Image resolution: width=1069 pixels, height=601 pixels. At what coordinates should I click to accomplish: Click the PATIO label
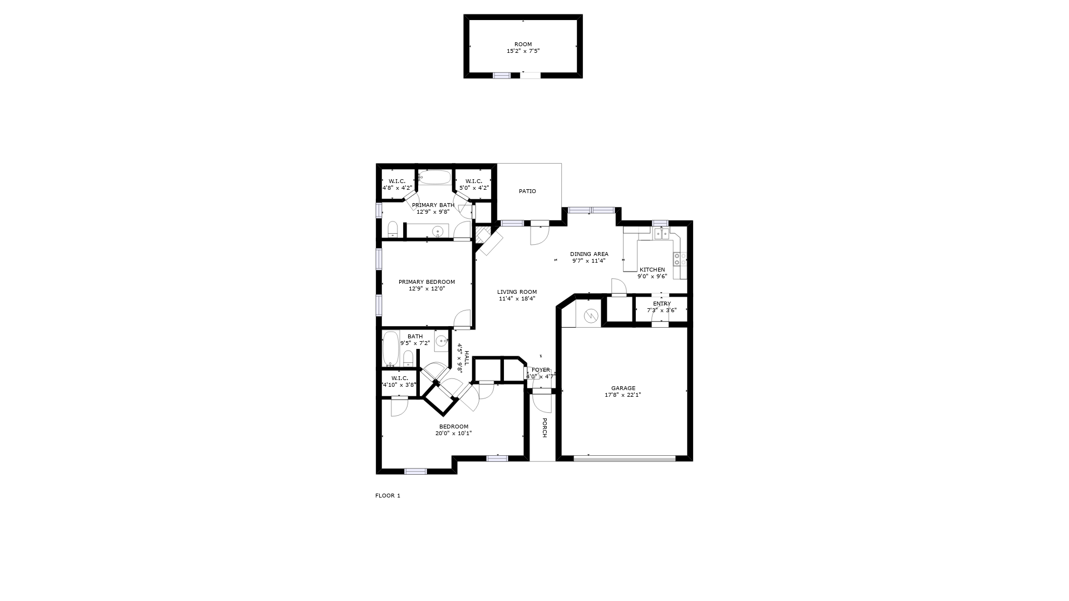pyautogui.click(x=527, y=191)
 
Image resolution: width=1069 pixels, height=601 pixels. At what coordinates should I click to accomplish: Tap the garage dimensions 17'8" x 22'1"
pyautogui.click(x=623, y=395)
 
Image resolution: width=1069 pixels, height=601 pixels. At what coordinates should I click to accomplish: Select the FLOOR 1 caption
pyautogui.click(x=388, y=496)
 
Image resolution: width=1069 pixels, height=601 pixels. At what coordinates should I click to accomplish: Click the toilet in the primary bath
pyautogui.click(x=393, y=229)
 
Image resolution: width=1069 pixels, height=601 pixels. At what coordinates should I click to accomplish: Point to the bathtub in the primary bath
pyautogui.click(x=434, y=177)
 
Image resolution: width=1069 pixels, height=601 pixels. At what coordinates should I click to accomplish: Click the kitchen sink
pyautogui.click(x=661, y=234)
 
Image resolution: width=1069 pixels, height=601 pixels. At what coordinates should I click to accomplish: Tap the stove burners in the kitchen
pyautogui.click(x=679, y=259)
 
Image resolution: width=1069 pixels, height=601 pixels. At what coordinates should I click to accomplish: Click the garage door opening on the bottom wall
pyautogui.click(x=624, y=459)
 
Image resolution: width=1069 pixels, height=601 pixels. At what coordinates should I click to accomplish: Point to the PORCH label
pyautogui.click(x=545, y=428)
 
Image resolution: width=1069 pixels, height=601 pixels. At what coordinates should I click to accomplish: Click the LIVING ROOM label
pyautogui.click(x=517, y=292)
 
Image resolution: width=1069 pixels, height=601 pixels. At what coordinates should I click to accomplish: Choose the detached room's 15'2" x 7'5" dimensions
pyautogui.click(x=523, y=51)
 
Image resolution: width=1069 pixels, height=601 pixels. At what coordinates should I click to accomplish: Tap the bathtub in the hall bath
pyautogui.click(x=391, y=349)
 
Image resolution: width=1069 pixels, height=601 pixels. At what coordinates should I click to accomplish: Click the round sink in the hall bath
pyautogui.click(x=442, y=341)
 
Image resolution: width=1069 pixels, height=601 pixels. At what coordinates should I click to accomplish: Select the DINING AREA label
pyautogui.click(x=589, y=254)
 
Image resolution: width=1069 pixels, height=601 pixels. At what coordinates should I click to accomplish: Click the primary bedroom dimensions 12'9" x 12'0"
pyautogui.click(x=427, y=289)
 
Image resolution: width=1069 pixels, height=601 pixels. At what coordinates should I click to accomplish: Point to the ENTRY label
pyautogui.click(x=662, y=304)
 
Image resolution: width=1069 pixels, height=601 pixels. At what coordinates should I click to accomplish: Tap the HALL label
pyautogui.click(x=467, y=357)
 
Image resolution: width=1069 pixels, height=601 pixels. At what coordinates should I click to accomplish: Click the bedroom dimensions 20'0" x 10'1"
pyautogui.click(x=454, y=433)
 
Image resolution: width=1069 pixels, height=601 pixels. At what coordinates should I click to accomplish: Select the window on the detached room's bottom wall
pyautogui.click(x=502, y=75)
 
